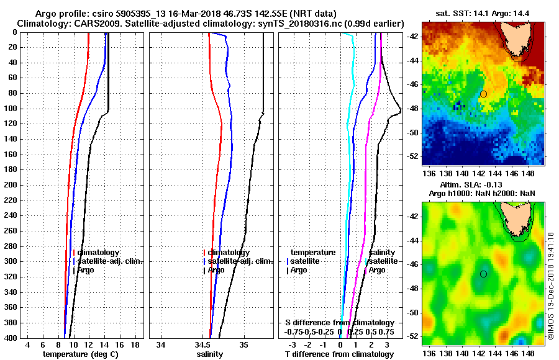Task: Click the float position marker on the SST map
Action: coord(483,94)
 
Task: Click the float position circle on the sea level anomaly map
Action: coord(483,274)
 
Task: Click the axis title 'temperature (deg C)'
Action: coord(80,354)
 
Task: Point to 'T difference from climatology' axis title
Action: coord(339,354)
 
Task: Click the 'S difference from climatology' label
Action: coord(339,323)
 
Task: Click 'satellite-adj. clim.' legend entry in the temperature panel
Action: coord(109,261)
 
